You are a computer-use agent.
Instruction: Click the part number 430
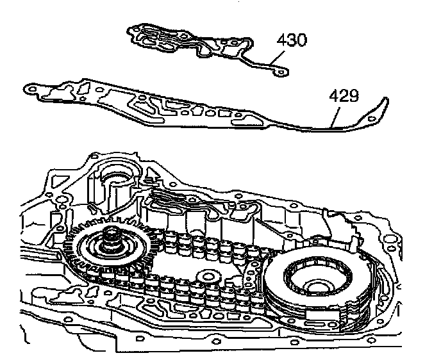(292, 40)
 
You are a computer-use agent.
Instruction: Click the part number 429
(344, 97)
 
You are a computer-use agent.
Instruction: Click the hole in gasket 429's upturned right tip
(372, 119)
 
